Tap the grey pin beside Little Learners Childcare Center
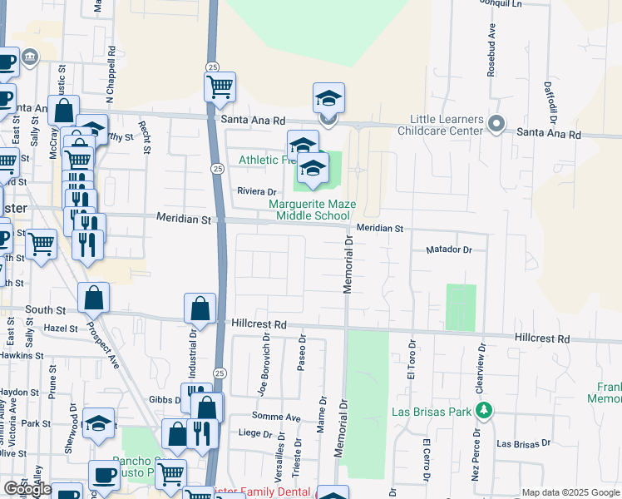[496, 125]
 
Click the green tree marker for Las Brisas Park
[482, 411]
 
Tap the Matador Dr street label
[448, 249]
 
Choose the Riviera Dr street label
[256, 191]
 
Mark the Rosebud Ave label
[491, 56]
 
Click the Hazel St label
[62, 329]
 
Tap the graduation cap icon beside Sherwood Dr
[98, 423]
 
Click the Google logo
[27, 489]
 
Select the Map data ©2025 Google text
[570, 492]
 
